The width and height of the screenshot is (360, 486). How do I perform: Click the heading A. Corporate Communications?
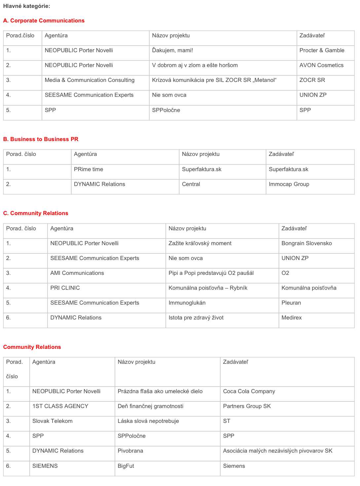[x=44, y=20]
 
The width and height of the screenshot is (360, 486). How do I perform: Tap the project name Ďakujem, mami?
[x=172, y=50]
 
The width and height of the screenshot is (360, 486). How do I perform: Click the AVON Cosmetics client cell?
[x=321, y=65]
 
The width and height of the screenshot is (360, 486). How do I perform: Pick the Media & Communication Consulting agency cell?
[x=90, y=80]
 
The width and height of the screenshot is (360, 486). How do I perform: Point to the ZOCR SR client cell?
[x=312, y=80]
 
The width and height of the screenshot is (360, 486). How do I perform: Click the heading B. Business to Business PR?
[x=41, y=139]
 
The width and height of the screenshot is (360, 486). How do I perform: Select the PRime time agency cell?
[x=89, y=169]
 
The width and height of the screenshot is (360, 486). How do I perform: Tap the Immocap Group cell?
[x=289, y=184]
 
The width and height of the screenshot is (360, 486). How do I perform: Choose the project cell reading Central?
[x=191, y=184]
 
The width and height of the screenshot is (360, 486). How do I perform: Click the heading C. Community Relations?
[x=36, y=213]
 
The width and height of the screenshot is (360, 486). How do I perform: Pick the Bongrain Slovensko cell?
[x=306, y=243]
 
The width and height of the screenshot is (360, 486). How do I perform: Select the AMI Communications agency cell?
[x=77, y=273]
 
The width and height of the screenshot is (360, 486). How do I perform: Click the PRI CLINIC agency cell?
[x=65, y=288]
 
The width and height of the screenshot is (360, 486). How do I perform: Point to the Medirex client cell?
[x=292, y=318]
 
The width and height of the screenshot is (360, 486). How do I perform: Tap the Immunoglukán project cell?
[x=187, y=303]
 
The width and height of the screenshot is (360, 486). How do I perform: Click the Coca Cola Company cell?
[x=249, y=391]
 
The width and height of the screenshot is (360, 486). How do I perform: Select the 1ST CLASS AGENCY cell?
[x=60, y=406]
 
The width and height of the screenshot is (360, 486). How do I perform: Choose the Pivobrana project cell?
[x=130, y=451]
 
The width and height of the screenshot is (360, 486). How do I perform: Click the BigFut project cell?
[x=126, y=466]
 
